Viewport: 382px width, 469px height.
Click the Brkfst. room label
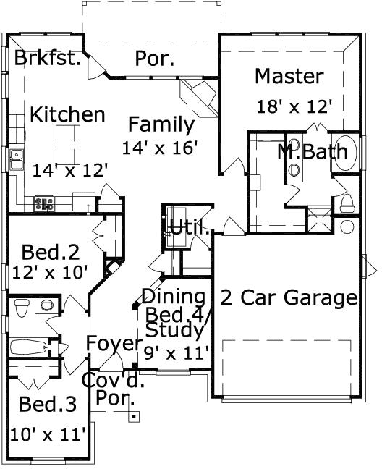click(x=48, y=58)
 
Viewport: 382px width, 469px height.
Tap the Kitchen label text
click(x=67, y=114)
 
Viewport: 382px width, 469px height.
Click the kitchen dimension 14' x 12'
click(x=70, y=169)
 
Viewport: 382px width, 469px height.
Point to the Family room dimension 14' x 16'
click(x=161, y=147)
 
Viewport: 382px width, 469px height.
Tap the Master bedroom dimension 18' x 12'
click(x=294, y=106)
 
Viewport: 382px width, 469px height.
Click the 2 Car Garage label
click(x=289, y=297)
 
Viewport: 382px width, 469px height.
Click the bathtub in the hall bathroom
click(x=29, y=347)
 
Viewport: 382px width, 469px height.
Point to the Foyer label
click(x=111, y=342)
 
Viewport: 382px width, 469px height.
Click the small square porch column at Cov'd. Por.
click(x=133, y=416)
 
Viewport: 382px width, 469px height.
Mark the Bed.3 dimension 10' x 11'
click(x=48, y=434)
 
